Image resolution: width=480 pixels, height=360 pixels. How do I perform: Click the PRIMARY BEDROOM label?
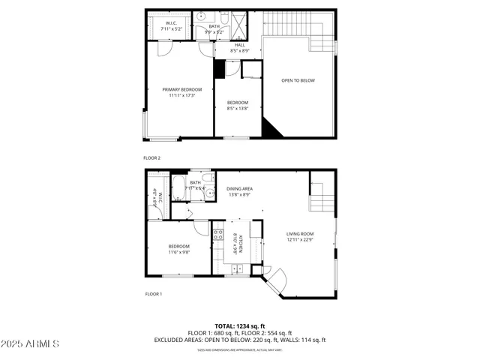(x=181, y=90)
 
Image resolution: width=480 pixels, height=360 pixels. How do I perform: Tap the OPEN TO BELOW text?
(x=298, y=80)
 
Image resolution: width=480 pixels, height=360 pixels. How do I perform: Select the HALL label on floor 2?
(x=239, y=45)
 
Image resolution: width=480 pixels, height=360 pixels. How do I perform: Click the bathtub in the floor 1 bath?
(x=181, y=188)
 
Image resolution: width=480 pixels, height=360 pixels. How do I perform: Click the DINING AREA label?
(x=240, y=188)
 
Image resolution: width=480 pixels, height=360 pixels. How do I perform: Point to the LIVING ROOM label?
(x=300, y=234)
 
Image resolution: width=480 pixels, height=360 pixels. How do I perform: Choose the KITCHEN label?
(x=235, y=246)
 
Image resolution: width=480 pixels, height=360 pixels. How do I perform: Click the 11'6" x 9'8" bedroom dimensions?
(x=178, y=252)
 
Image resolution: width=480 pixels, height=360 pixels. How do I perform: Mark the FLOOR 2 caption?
(x=152, y=158)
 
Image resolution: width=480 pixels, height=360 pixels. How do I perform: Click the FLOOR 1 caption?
(x=153, y=294)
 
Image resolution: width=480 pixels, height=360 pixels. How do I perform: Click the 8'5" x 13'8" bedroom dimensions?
(x=238, y=108)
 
